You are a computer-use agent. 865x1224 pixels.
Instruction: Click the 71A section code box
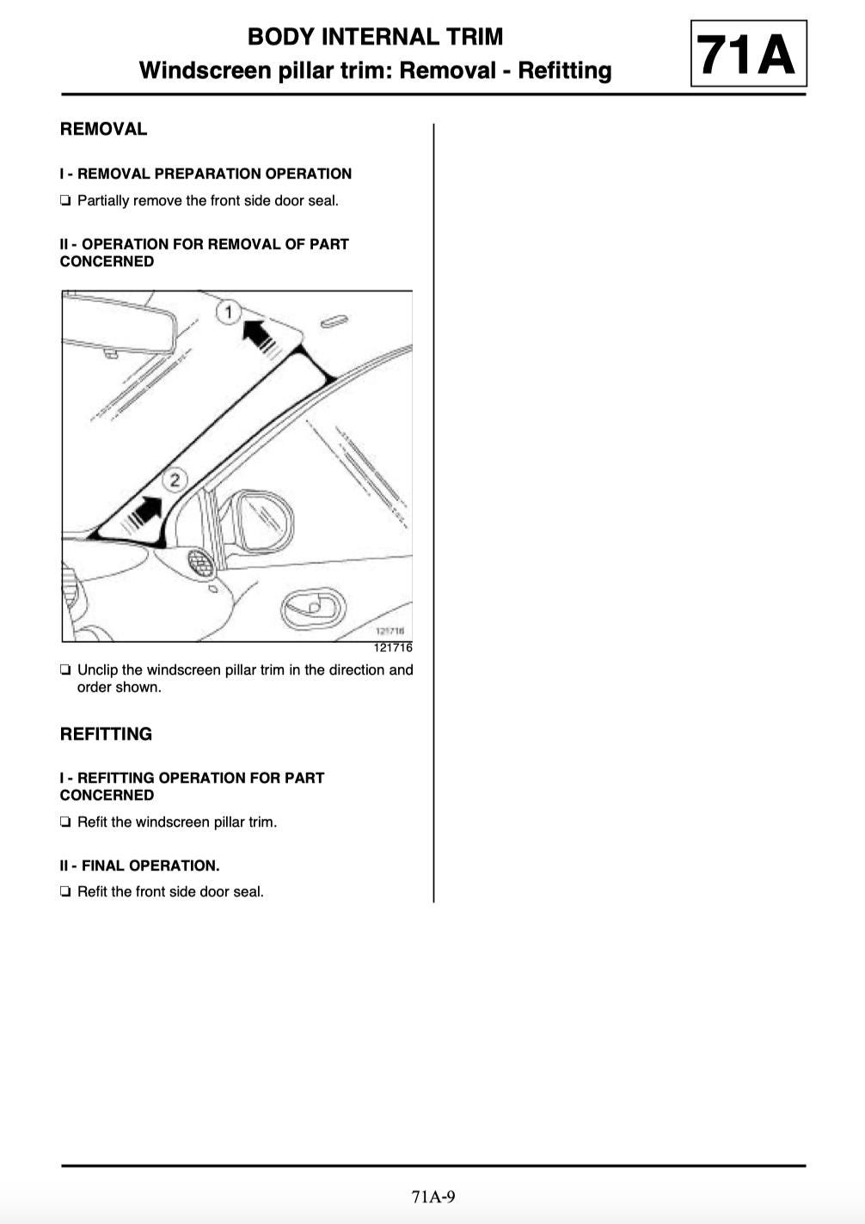tap(748, 54)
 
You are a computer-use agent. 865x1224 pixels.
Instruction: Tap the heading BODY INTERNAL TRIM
tap(375, 37)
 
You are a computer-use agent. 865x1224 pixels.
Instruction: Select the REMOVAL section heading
tap(103, 129)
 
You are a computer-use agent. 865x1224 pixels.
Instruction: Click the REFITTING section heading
tap(106, 734)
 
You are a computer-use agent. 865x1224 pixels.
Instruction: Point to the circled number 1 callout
tap(228, 311)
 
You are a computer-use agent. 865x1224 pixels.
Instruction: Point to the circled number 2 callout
tap(175, 480)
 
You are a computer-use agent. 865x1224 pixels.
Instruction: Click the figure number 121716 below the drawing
tap(393, 648)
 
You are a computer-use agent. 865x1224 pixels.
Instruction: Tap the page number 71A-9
tap(432, 1196)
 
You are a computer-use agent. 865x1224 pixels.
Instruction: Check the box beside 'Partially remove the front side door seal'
tap(65, 201)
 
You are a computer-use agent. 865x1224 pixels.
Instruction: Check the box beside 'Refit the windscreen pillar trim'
tap(65, 823)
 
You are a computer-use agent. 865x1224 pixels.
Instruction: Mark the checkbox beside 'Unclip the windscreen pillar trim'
tap(65, 670)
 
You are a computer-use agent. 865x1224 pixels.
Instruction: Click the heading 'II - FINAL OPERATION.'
tap(139, 866)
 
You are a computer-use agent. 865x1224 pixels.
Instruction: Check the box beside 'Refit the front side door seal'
tap(65, 892)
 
